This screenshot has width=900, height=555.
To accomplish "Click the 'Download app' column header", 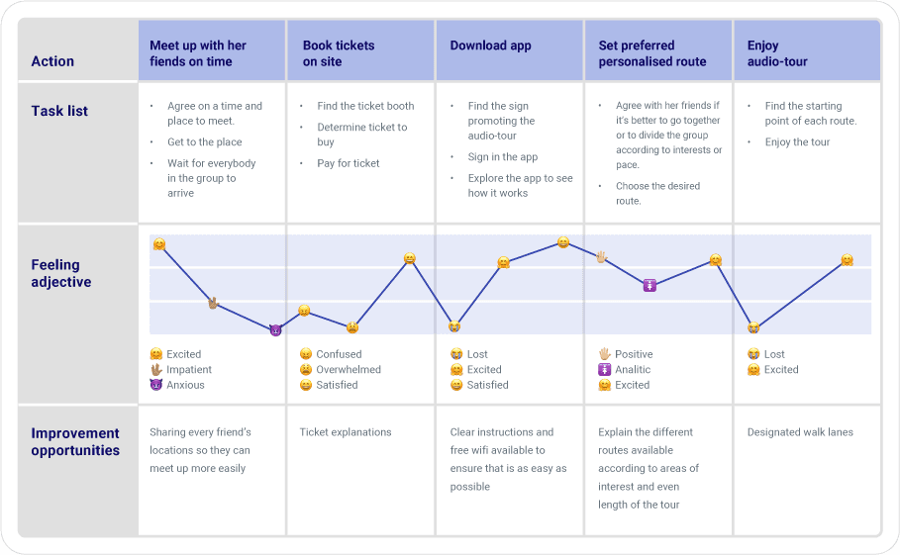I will (490, 46).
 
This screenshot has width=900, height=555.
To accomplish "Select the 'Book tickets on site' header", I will (337, 53).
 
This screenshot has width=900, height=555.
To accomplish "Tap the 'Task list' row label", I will (59, 111).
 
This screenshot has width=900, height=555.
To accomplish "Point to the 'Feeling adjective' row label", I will (61, 273).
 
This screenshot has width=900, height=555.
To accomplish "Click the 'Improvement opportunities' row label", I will (75, 441).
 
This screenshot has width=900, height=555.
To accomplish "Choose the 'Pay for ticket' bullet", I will (348, 163).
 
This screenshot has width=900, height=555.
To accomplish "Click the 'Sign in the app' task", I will (502, 157).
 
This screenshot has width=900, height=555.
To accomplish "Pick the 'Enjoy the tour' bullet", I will (797, 142).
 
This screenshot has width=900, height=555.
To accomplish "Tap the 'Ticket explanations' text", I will (346, 432).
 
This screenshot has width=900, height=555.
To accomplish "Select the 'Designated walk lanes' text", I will (800, 432).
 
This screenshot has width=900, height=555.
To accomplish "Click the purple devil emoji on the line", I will (275, 330).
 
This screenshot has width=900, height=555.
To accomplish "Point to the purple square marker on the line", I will (650, 285).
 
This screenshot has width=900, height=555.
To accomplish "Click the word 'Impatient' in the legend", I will (188, 370).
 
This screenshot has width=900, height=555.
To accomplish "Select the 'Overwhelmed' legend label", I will (348, 370).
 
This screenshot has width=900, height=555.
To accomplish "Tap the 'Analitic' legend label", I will (633, 370).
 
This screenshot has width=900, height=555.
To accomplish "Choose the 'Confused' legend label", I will (339, 354).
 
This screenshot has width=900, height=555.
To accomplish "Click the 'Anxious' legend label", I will (185, 385).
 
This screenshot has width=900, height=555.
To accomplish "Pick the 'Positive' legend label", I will (634, 354).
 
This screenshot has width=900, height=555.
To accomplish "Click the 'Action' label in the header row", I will (52, 61).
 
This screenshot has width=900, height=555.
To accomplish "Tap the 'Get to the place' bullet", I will (204, 142).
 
